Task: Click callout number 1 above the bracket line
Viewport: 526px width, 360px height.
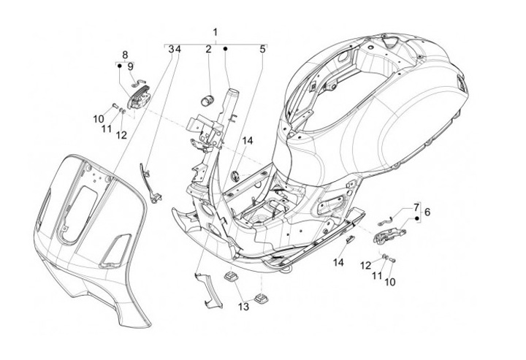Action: coord(216,32)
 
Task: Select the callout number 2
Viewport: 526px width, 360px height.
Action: coord(208,49)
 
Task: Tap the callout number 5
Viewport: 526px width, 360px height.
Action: coord(262,49)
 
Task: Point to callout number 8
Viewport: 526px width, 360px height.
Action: coord(125,55)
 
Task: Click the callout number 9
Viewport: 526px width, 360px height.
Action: coord(131,66)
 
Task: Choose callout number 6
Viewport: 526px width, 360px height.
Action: coord(427,212)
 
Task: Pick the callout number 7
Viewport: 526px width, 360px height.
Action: coord(416,207)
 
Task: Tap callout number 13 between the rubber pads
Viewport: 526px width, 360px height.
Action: coord(243,306)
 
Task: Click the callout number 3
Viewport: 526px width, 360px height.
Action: coord(171,49)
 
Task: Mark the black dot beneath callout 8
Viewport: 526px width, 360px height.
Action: coord(119,66)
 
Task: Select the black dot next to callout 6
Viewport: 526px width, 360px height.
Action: coord(418,218)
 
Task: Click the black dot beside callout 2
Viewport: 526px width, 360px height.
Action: coord(226,49)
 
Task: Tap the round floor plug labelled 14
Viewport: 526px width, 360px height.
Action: coord(235,175)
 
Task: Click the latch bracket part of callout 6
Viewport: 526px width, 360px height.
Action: coord(390,234)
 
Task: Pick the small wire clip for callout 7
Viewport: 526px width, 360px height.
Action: coord(384,221)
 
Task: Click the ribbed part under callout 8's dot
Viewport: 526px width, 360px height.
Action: coord(138,96)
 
